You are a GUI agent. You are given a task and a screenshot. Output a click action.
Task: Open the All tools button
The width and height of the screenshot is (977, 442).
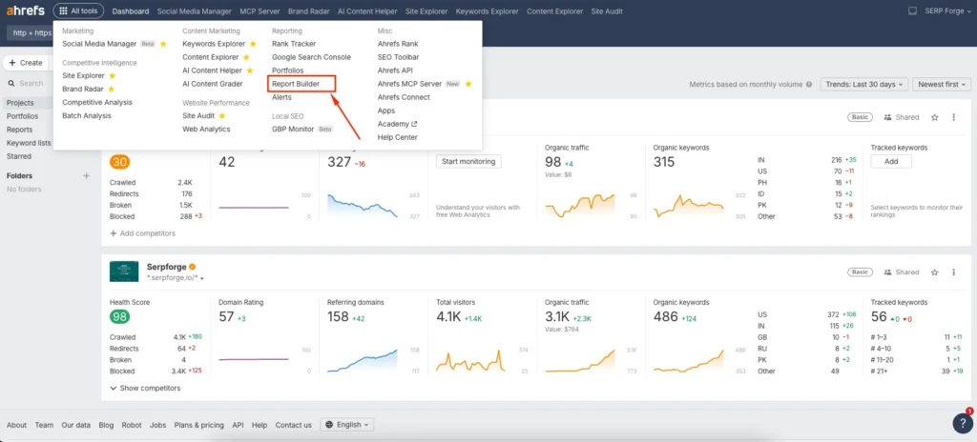tap(79, 11)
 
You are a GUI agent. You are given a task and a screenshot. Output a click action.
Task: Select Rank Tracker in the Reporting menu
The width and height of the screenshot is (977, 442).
tap(293, 43)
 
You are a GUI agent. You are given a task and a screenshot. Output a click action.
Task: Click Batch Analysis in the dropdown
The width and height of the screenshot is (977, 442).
tap(87, 115)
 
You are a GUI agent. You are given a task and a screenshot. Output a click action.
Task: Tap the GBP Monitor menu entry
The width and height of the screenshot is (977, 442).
tap(294, 129)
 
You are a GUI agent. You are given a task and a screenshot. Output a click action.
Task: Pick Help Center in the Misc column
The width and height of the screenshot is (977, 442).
tap(397, 137)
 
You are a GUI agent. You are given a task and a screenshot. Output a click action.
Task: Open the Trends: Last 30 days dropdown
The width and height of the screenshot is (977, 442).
tap(863, 85)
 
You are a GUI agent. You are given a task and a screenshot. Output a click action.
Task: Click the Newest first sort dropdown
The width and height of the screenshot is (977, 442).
tap(940, 85)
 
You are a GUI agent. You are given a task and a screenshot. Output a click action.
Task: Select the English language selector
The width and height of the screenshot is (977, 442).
tap(347, 425)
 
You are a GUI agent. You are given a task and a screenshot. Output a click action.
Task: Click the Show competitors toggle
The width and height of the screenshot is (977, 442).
tap(145, 388)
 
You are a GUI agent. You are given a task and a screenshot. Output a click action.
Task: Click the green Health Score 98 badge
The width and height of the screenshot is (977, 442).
tap(120, 316)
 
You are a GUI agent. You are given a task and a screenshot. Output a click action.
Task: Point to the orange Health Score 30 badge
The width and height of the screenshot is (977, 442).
tap(120, 161)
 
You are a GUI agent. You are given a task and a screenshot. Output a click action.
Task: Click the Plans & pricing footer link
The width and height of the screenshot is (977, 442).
tap(198, 425)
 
